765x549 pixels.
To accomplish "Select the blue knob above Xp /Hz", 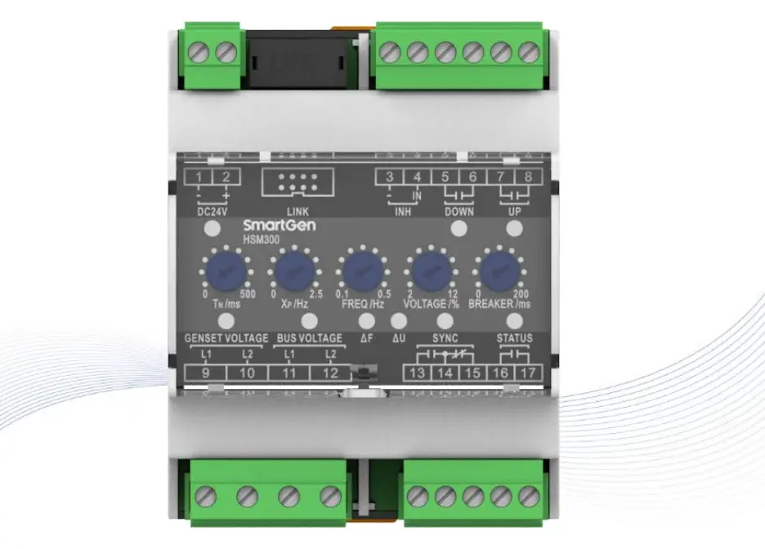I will (x=291, y=269).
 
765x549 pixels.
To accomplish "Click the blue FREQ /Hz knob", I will (x=361, y=269).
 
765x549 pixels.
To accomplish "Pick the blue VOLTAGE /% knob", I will (x=431, y=269).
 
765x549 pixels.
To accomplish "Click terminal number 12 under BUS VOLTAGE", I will (x=330, y=373).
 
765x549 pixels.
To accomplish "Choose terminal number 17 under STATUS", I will (x=528, y=373).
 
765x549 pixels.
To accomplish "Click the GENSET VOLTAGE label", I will (x=226, y=337).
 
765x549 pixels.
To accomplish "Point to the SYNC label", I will (x=445, y=337).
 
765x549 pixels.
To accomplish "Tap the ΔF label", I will (x=368, y=337).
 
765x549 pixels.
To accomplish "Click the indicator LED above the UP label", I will (x=514, y=230).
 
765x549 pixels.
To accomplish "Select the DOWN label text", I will (x=459, y=211).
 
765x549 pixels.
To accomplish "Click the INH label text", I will (x=403, y=211).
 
